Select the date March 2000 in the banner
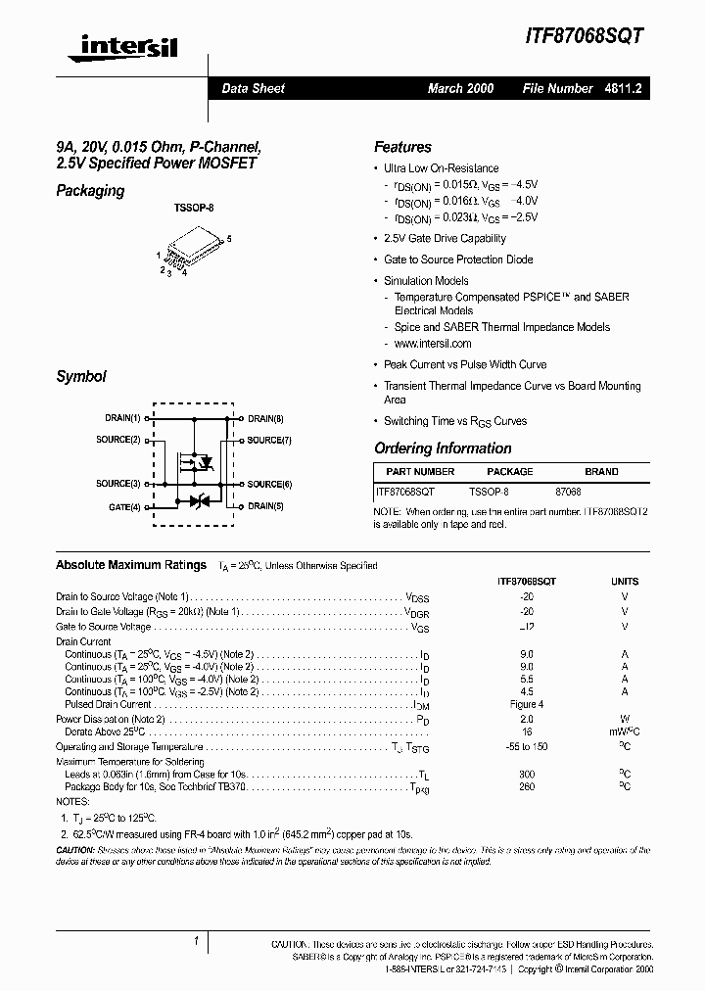point(460,88)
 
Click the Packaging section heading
point(90,191)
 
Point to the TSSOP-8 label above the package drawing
point(193,209)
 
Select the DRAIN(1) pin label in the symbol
point(122,419)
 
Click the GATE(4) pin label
point(124,506)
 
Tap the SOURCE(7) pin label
point(269,441)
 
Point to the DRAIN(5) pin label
point(265,506)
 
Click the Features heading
point(402,147)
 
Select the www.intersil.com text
point(432,344)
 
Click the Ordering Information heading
point(443,448)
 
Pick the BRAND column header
point(601,471)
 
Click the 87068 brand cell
point(568,493)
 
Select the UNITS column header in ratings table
point(624,580)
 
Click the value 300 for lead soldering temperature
point(527,774)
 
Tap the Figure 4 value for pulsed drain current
point(527,704)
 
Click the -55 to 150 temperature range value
point(527,746)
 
